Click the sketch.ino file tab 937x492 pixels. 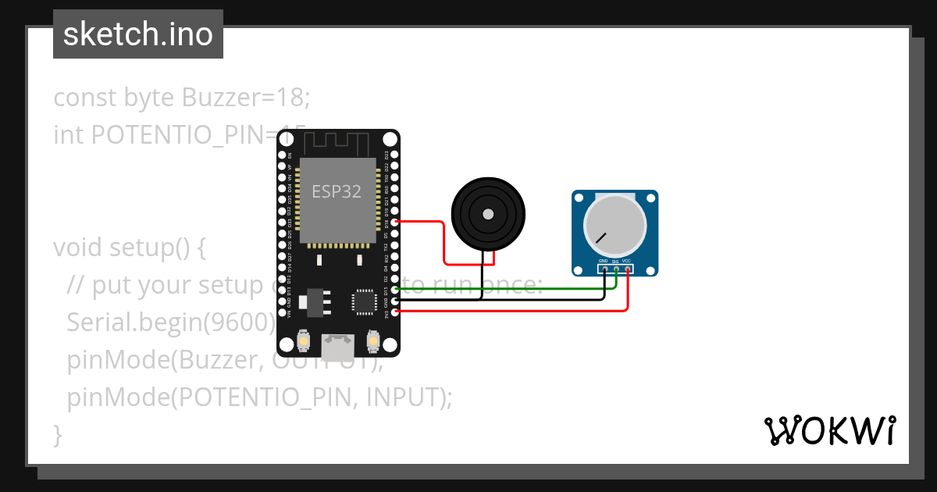click(x=138, y=34)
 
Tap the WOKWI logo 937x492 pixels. click(x=829, y=430)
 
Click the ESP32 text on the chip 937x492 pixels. click(x=337, y=191)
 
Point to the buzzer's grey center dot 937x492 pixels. click(x=488, y=214)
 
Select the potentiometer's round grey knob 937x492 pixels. click(x=615, y=223)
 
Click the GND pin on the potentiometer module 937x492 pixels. click(x=604, y=269)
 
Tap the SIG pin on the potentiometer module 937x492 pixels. click(x=616, y=269)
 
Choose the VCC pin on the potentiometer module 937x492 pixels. click(x=627, y=269)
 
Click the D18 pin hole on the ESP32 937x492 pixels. click(x=396, y=223)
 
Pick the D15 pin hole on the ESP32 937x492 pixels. click(x=396, y=290)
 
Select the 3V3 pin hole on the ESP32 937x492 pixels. click(x=396, y=312)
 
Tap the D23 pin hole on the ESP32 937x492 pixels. click(x=396, y=155)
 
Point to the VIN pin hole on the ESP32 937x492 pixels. click(x=282, y=312)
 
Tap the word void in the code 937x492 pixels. click(x=78, y=248)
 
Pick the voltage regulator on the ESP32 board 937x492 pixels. click(x=315, y=301)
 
